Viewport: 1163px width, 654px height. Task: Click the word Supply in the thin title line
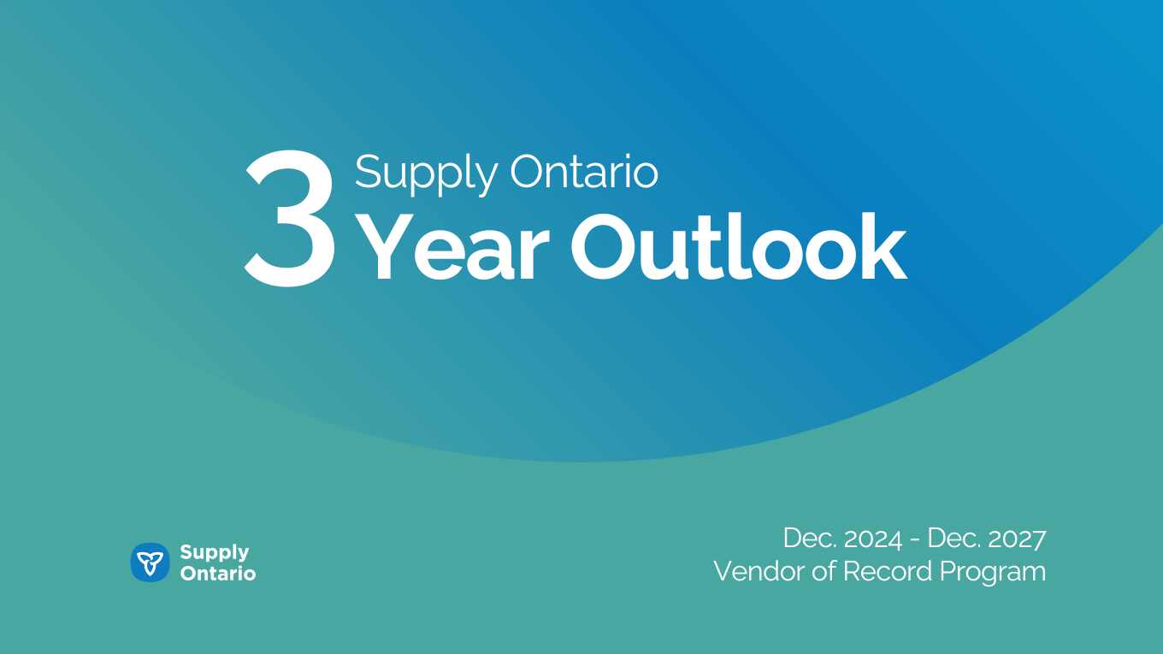426,174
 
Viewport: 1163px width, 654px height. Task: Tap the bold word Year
452,246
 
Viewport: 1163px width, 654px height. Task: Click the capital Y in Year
384,246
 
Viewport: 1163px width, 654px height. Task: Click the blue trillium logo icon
150,563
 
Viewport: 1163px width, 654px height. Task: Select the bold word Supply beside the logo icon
215,553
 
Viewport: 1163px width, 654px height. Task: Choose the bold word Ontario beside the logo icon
218,574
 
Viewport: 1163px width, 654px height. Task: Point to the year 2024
873,539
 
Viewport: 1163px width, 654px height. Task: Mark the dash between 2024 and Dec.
915,540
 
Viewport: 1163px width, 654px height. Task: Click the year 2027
1017,539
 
